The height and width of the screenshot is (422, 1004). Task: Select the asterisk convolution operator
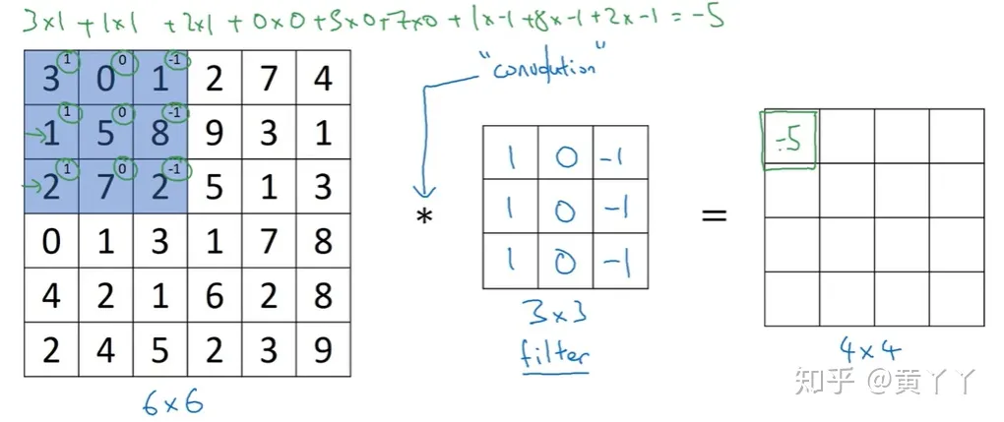425,216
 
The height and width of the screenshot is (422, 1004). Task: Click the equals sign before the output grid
714,213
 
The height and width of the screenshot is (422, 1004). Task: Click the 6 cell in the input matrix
214,295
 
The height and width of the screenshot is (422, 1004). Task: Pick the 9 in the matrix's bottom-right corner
324,350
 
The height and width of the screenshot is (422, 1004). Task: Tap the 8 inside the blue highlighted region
159,132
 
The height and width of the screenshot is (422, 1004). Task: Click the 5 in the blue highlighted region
105,132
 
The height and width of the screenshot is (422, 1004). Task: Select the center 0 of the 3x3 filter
565,207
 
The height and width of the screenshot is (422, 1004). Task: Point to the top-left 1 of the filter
510,153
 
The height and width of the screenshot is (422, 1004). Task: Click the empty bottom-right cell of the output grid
956,298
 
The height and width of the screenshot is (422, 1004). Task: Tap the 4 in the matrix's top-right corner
324,78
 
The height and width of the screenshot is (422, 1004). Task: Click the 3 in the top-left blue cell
49,78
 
